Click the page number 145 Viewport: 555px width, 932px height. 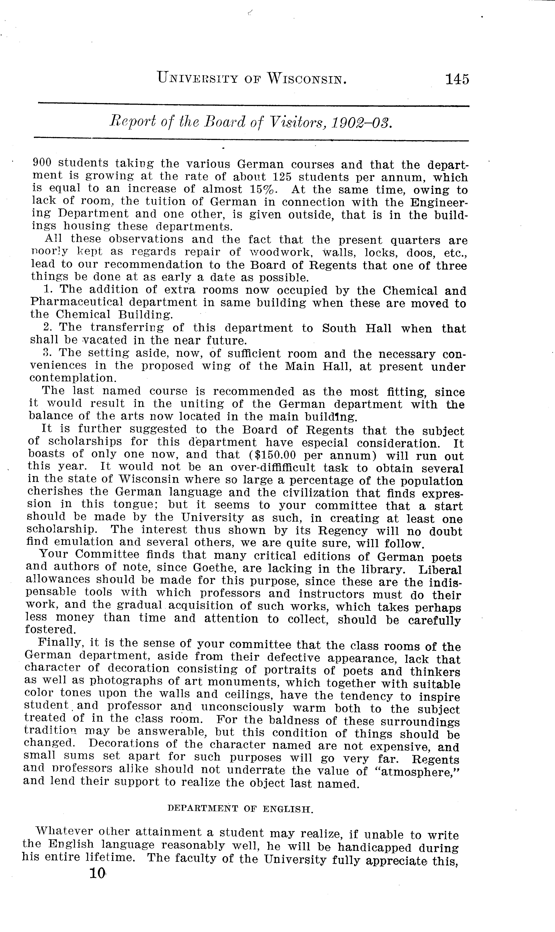tap(457, 79)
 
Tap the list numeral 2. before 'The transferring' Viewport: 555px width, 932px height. tap(47, 327)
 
